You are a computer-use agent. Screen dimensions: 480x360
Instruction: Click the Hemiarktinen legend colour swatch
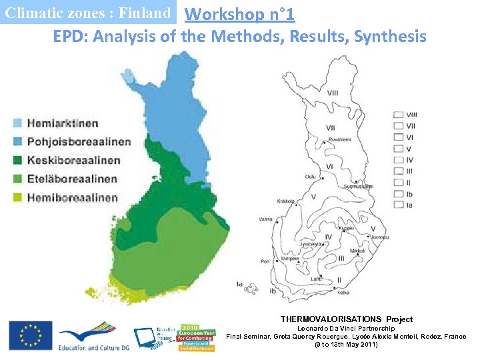pos(17,123)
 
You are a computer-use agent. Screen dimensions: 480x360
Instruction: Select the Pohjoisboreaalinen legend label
pos(79,141)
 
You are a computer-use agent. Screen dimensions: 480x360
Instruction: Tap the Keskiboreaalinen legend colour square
pos(17,160)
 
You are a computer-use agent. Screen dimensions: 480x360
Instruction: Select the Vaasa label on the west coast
pos(265,219)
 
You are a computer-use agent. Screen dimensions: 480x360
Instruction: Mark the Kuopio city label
pos(346,228)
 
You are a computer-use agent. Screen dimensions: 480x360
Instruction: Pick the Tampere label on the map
pos(290,259)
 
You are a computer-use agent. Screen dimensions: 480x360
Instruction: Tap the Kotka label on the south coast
pos(344,292)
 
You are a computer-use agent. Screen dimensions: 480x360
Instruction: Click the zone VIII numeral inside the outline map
pos(331,92)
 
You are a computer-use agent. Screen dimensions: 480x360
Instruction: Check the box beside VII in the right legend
pos(398,125)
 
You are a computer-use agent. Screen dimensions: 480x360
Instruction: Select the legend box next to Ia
pos(398,205)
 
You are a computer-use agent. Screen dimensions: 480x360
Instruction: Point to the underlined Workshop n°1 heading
pos(239,13)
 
